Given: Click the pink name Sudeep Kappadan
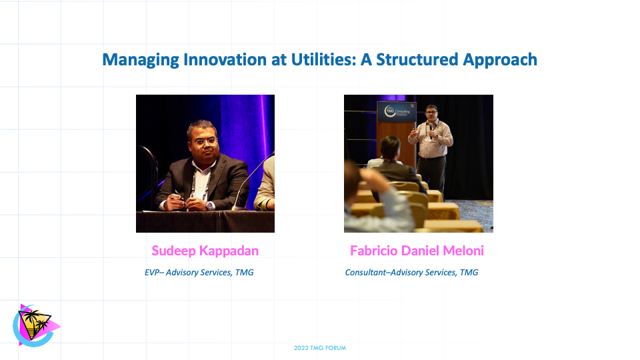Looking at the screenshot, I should pyautogui.click(x=205, y=251).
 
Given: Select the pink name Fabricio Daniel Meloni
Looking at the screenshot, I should pyautogui.click(x=417, y=251).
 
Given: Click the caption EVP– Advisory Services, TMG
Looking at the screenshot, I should pyautogui.click(x=199, y=273).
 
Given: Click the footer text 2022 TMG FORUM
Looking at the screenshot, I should pyautogui.click(x=320, y=348).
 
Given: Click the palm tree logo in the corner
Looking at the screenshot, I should pyautogui.click(x=35, y=325).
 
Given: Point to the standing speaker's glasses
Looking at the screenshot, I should pyautogui.click(x=431, y=113).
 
